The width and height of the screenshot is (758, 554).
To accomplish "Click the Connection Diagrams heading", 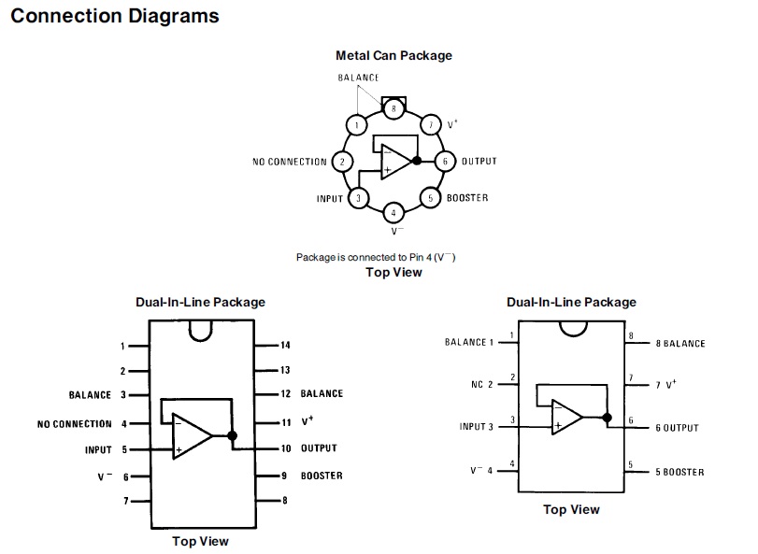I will pyautogui.click(x=115, y=16).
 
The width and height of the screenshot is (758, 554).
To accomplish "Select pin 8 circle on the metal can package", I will pyautogui.click(x=394, y=108).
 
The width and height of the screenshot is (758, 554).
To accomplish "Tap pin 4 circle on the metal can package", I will pyautogui.click(x=393, y=212).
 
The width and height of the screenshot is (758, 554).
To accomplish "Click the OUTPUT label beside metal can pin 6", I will pyautogui.click(x=479, y=162).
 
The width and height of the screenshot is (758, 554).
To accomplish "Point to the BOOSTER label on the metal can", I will pyautogui.click(x=466, y=198).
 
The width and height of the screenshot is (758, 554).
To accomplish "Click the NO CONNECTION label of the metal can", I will pyautogui.click(x=290, y=162).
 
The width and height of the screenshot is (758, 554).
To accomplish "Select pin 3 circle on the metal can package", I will pyautogui.click(x=357, y=198).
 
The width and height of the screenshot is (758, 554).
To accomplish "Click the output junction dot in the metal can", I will pyautogui.click(x=417, y=161).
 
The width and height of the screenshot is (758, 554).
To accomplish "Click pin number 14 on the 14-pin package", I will pyautogui.click(x=285, y=346).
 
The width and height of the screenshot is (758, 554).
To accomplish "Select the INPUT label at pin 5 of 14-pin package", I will pyautogui.click(x=98, y=449).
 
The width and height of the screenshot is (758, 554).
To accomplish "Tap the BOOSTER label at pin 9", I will pyautogui.click(x=322, y=476).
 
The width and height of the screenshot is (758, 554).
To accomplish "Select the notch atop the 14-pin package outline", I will pyautogui.click(x=200, y=330).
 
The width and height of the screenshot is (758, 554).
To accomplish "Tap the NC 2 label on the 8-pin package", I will pyautogui.click(x=482, y=384).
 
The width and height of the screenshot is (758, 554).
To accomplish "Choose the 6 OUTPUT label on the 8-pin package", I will pyautogui.click(x=677, y=428).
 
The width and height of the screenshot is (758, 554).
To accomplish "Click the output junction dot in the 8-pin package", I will pyautogui.click(x=607, y=417).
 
